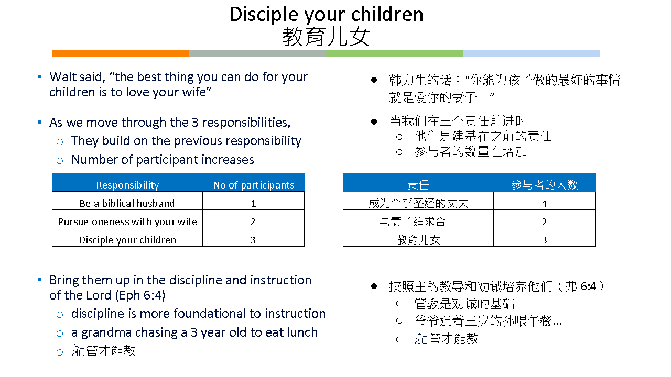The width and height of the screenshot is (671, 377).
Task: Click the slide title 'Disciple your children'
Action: tap(326, 14)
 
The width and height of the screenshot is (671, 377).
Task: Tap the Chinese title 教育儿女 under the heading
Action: tap(326, 37)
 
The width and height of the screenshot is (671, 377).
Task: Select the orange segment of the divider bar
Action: tap(121, 53)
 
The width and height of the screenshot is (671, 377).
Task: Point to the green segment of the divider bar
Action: tap(395, 53)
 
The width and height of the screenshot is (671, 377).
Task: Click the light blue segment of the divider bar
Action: tap(532, 53)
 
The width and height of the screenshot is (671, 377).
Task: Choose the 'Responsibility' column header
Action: tap(127, 185)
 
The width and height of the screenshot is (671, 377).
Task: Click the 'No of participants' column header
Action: tap(254, 185)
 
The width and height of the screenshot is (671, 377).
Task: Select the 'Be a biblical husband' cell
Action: tap(127, 203)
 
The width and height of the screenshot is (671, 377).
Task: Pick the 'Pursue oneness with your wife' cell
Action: tap(127, 221)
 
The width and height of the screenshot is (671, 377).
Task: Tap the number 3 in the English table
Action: tap(253, 240)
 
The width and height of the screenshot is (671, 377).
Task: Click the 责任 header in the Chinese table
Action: tap(418, 185)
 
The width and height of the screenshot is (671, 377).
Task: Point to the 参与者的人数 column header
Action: tap(544, 185)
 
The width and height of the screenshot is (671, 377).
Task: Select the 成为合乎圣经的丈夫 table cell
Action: tap(418, 204)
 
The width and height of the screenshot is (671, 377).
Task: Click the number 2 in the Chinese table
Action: tap(545, 221)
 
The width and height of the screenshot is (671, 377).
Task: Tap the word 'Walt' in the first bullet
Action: tap(61, 77)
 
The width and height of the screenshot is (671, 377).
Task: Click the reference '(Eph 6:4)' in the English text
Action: tap(140, 295)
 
